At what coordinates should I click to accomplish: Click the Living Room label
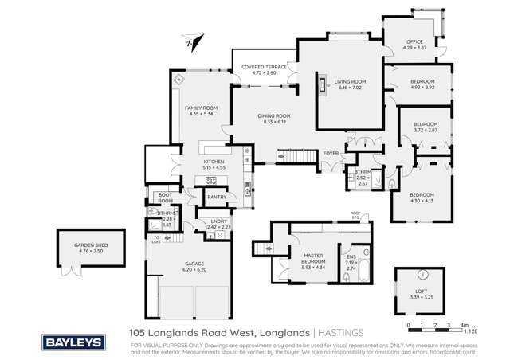[x=349, y=81]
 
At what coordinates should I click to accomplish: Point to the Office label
[x=413, y=42]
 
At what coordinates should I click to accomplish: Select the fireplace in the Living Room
[x=324, y=84]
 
